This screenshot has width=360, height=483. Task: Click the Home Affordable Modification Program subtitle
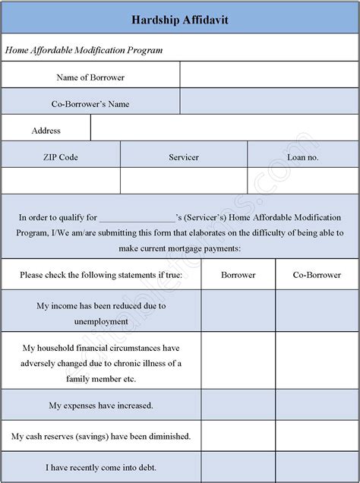[85, 49]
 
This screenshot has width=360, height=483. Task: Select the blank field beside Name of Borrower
[269, 76]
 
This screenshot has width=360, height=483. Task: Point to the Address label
[46, 130]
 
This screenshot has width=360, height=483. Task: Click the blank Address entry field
[224, 130]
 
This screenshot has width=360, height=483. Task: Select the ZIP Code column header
[61, 156]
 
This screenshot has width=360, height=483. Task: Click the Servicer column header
[184, 156]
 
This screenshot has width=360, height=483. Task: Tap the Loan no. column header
[303, 156]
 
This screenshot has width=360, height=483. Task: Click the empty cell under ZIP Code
[61, 182]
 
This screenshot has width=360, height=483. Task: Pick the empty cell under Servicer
[184, 182]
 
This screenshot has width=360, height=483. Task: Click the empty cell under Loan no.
[303, 182]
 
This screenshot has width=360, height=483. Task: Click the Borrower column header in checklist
[238, 274]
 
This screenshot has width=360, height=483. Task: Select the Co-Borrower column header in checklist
[317, 274]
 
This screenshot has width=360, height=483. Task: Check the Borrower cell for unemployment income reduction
[238, 313]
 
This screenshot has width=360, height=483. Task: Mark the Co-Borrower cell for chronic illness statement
[317, 363]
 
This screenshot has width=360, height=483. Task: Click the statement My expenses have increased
[101, 405]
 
